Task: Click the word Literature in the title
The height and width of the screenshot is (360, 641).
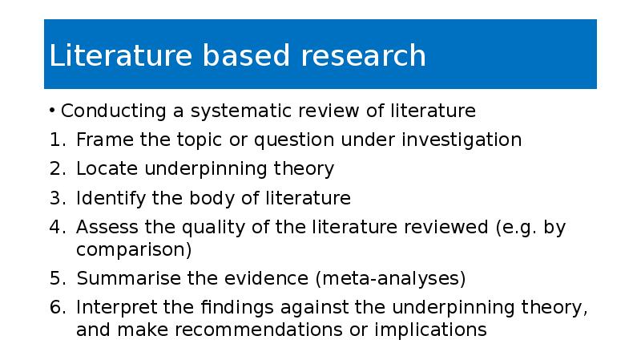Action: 121,55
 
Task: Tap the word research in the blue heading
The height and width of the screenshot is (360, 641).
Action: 364,55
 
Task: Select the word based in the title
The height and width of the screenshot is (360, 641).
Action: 246,55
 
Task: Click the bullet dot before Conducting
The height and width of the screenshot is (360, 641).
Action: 52,111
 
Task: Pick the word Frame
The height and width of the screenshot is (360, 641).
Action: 105,140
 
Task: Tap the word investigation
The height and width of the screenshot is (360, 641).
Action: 462,140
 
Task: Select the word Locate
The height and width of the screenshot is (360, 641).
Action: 107,168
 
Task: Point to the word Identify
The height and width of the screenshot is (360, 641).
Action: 111,199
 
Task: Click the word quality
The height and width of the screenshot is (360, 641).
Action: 213,228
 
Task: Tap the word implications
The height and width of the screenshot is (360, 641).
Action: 430,330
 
